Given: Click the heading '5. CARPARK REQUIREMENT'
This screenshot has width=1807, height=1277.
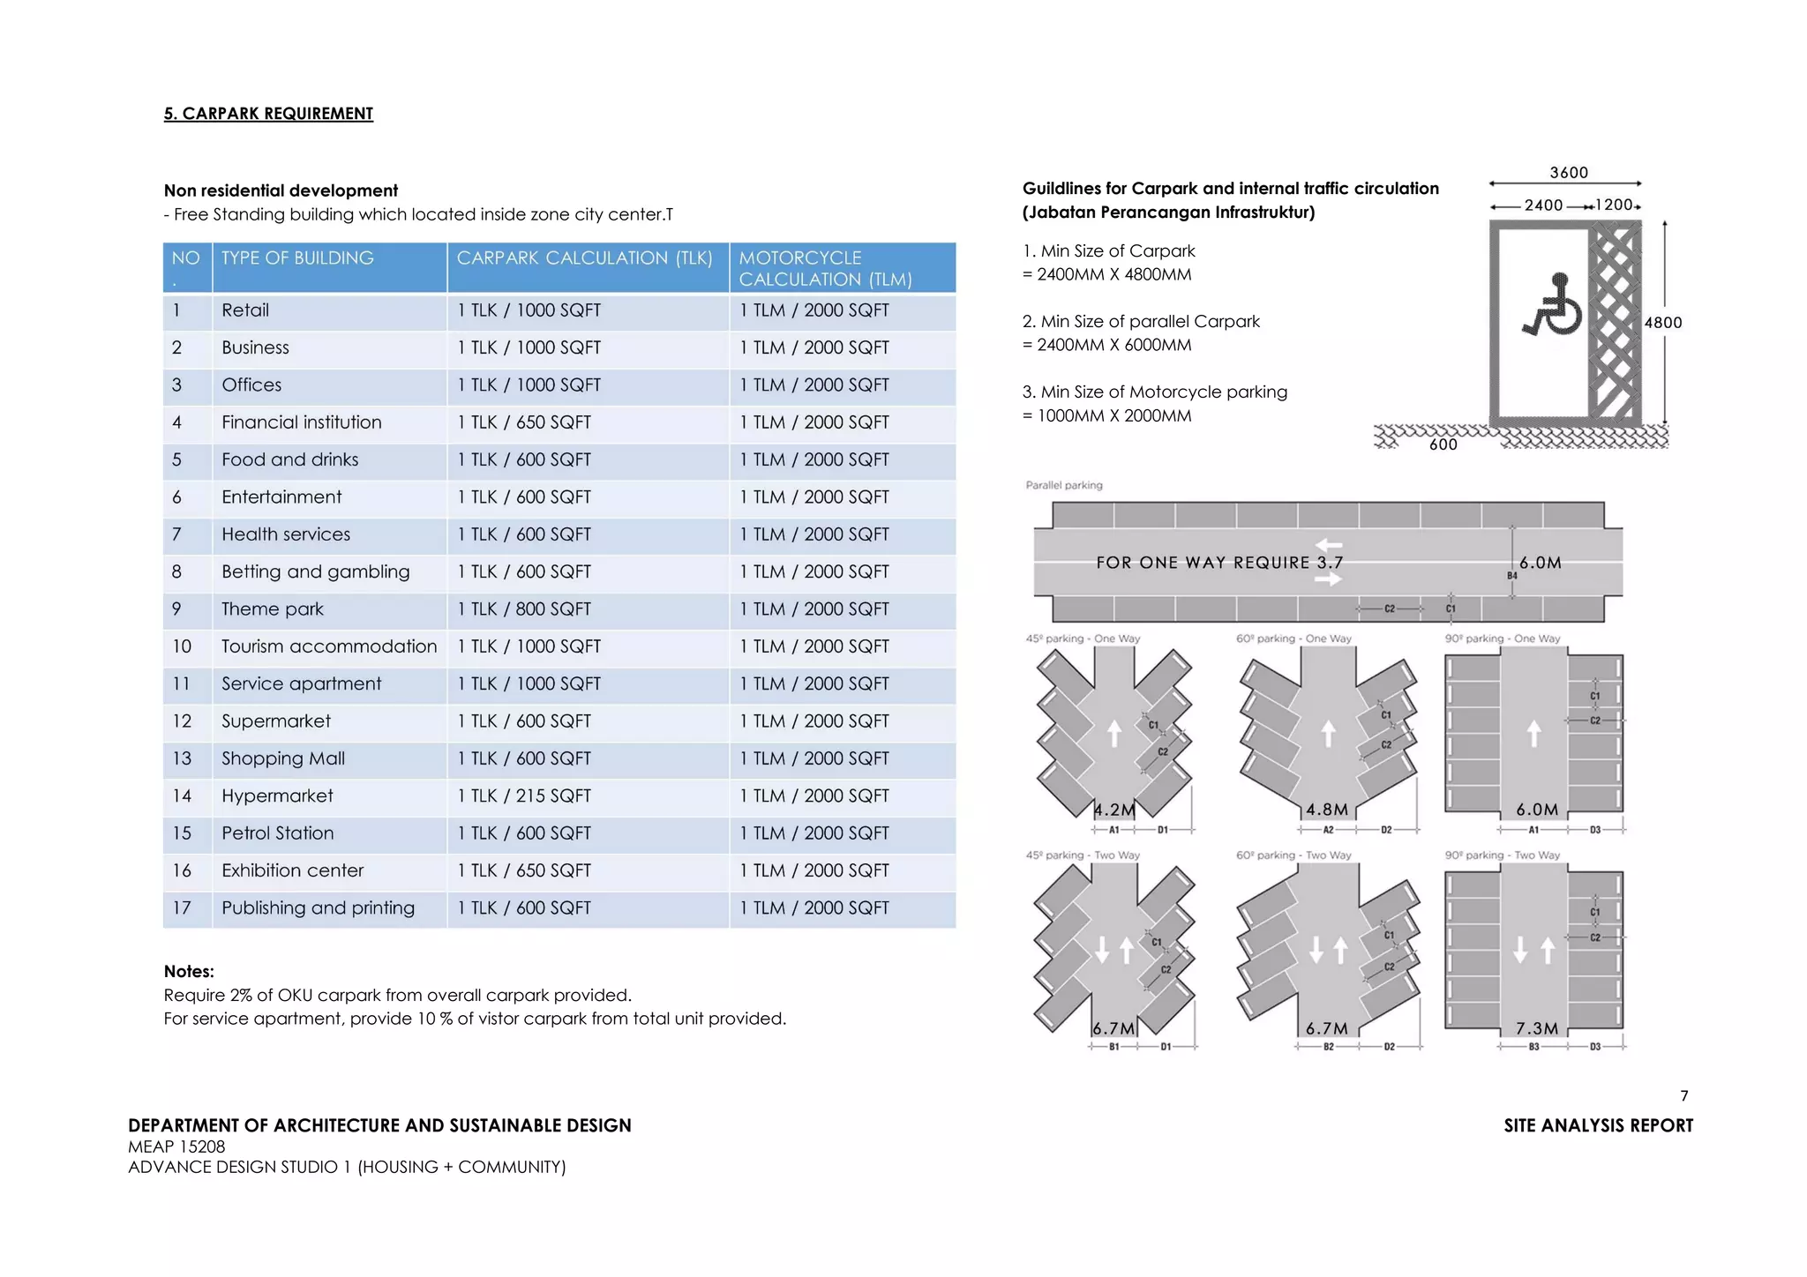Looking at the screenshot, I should [268, 114].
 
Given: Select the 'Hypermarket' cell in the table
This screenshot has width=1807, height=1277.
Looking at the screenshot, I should [277, 796].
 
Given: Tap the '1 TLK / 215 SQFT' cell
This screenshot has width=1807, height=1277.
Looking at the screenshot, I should [524, 796].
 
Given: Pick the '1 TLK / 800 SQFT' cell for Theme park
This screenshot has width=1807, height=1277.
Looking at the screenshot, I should [524, 609].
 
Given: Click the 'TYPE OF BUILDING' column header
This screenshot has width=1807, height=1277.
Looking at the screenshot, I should [297, 258].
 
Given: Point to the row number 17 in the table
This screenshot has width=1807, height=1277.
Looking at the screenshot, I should [182, 908].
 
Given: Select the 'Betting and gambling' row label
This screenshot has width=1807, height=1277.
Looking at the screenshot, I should [315, 572].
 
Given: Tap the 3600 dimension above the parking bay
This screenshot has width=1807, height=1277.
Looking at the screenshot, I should [1569, 173].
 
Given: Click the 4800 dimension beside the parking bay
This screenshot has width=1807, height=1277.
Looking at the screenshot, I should [1663, 323].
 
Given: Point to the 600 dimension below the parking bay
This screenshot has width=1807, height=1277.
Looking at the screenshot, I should [1443, 445].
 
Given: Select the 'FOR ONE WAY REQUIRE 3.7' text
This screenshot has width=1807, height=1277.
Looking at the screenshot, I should [1219, 563].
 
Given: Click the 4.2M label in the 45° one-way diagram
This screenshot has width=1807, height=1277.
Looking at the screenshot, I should [1114, 810].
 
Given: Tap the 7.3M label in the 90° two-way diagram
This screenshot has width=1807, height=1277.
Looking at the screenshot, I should [1537, 1029].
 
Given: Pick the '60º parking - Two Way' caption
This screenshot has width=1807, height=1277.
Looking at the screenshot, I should [1293, 855].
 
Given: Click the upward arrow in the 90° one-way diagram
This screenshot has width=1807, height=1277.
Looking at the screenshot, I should [1534, 733].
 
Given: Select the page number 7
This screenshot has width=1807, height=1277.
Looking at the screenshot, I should [1684, 1096].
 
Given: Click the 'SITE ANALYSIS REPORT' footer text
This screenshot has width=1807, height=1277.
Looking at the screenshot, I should [1598, 1126].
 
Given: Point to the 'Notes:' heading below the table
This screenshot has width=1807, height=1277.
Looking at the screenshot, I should [189, 972].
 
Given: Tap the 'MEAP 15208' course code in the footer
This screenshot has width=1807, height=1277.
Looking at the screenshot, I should [176, 1147].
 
